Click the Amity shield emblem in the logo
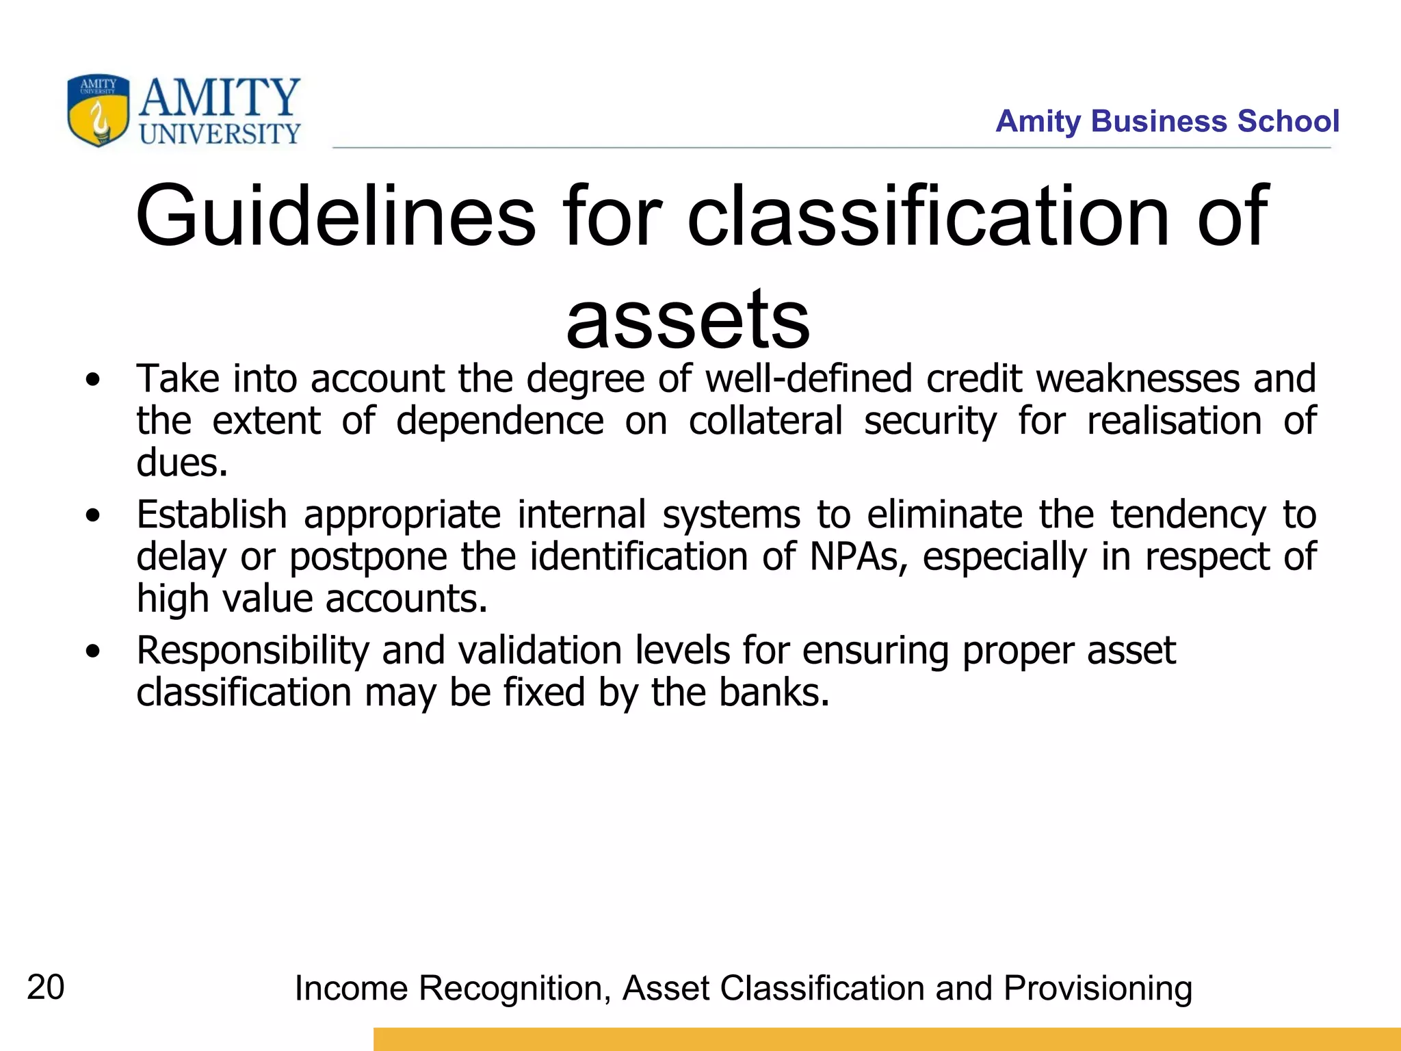point(98,110)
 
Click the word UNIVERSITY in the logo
point(220,133)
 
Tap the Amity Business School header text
point(1167,121)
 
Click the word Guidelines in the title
point(335,216)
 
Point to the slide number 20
point(45,987)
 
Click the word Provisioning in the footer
point(1097,988)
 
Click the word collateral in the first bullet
point(765,420)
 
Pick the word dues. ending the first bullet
point(181,463)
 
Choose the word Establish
point(211,515)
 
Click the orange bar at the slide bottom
point(887,1039)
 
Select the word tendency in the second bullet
point(1188,515)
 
